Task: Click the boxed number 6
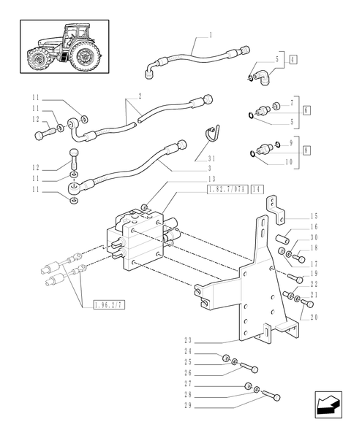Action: click(306, 109)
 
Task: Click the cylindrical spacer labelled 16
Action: click(287, 239)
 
